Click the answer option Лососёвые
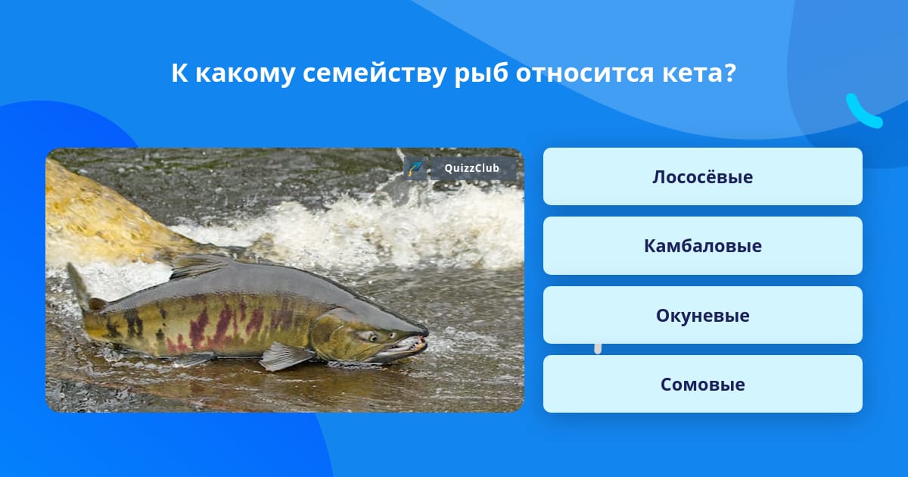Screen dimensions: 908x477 tap(702, 176)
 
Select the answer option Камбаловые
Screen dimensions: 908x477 tap(702, 246)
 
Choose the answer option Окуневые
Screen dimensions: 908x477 tap(702, 315)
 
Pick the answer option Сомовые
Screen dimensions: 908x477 tap(702, 384)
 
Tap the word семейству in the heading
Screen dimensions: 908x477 tap(374, 75)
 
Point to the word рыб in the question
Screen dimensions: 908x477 tap(481, 75)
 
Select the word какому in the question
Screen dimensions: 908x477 tap(245, 73)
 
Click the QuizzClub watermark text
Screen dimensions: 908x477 tap(471, 168)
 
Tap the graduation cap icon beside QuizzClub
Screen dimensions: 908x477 tap(415, 168)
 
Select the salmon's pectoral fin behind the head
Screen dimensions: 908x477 tap(284, 356)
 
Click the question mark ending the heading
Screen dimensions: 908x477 tap(729, 73)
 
